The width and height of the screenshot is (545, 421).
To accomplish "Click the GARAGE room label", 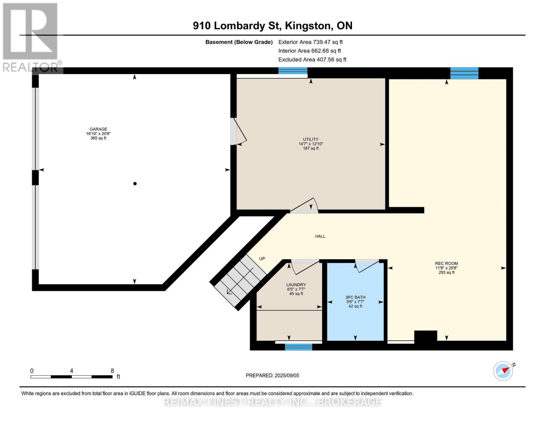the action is [x=98, y=129].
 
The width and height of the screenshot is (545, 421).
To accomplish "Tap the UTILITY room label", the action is [x=311, y=139].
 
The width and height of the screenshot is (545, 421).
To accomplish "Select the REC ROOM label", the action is [x=446, y=263].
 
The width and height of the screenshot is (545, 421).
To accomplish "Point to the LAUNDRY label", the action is [x=296, y=285].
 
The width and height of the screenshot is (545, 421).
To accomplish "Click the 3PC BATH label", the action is [x=355, y=297].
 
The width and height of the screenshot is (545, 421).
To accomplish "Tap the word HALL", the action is [x=320, y=236].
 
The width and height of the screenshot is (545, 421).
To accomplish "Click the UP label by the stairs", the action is [x=262, y=259].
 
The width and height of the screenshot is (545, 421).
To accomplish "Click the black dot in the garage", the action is [x=135, y=183].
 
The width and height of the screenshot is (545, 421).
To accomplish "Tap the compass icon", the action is [x=503, y=371].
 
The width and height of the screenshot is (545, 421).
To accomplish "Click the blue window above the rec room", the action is [x=464, y=73].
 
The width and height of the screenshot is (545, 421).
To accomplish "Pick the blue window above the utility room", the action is [x=293, y=71].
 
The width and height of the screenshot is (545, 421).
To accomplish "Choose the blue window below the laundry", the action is [x=298, y=347].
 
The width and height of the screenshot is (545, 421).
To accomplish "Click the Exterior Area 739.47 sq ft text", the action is [x=311, y=42].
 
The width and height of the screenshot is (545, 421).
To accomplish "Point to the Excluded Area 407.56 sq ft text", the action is [x=312, y=60].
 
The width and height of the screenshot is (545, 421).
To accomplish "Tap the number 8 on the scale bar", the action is [x=112, y=371].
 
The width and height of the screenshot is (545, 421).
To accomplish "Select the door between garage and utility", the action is [x=238, y=132].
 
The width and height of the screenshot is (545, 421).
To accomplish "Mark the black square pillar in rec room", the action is [x=426, y=336].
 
